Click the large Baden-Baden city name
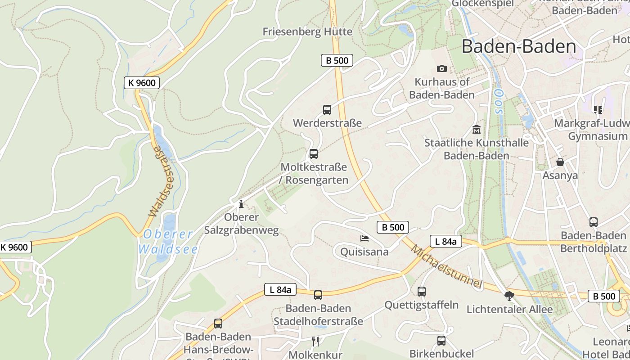pos(519,46)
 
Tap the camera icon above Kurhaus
pos(442,68)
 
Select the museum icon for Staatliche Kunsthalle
pos(476,130)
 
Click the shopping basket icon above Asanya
pos(560,162)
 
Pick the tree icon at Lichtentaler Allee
pos(509,296)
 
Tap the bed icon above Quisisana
pos(364,238)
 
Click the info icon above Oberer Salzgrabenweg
pos(241,204)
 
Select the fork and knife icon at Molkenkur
pos(315,342)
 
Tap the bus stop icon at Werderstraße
pos(327,109)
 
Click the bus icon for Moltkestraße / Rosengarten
pos(314,154)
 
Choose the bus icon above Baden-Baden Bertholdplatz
pos(594,222)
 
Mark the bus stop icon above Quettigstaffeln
pos(422,291)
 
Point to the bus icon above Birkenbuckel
pos(441,340)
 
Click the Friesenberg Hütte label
pos(307,31)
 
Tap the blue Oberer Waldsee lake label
pos(167,241)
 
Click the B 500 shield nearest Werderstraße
pos(337,60)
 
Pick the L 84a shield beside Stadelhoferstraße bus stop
pos(280,290)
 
